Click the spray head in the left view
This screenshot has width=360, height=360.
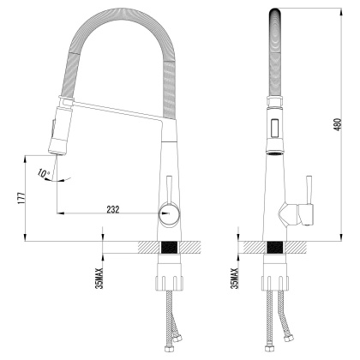pos(60,129)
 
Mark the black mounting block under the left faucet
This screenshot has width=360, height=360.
pos(170,247)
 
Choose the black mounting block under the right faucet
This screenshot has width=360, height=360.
pos(275,247)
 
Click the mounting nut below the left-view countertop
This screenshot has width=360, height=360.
pos(170,283)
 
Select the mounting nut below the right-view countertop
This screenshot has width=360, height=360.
pos(275,283)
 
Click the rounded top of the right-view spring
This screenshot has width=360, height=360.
pos(275,12)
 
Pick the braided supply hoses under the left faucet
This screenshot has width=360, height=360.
pos(170,326)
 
